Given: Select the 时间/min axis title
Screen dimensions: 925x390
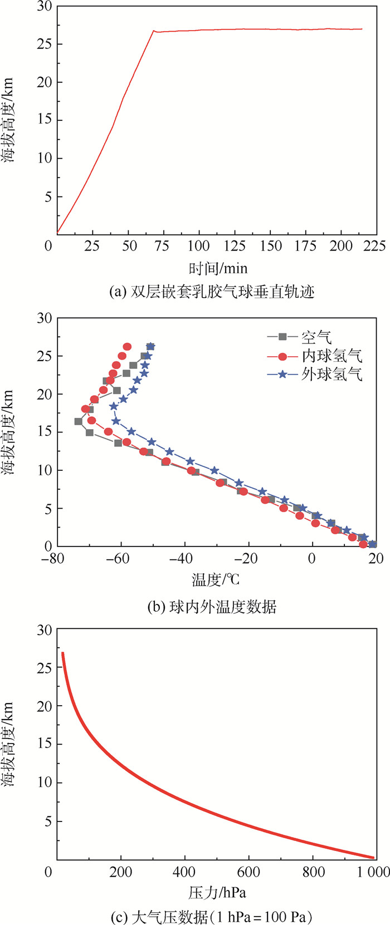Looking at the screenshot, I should click(218, 268).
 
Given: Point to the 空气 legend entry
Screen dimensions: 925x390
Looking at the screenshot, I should click(316, 337).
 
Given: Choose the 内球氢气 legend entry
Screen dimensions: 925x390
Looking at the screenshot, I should click(332, 356).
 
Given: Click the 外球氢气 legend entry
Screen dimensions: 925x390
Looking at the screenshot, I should click(332, 375).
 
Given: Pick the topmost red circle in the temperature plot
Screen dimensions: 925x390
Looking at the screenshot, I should click(127, 347).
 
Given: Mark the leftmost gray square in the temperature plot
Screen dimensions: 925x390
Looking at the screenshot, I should click(79, 421).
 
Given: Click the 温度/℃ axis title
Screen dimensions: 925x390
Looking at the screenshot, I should click(216, 580).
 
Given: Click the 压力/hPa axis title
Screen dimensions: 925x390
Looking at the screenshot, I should click(217, 893).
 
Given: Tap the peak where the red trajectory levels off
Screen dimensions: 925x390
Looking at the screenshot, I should click(154, 31).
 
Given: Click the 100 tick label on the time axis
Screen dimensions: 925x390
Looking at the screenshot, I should click(199, 245).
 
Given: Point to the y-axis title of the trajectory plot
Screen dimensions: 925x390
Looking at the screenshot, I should click(8, 120).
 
